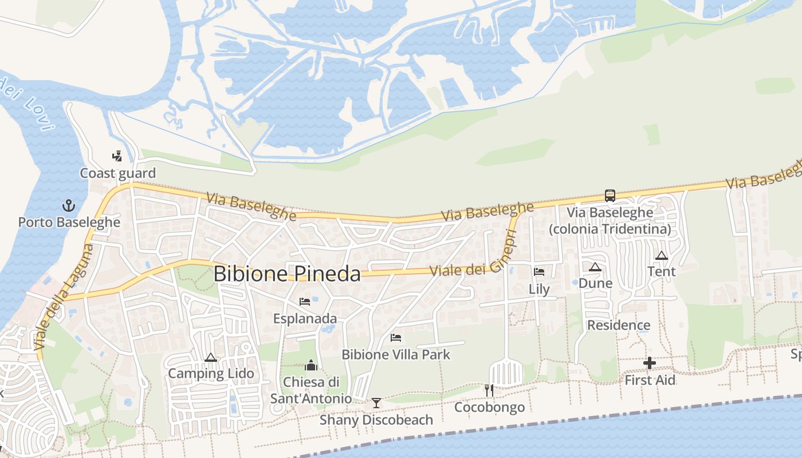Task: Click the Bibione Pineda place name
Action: [x=287, y=274]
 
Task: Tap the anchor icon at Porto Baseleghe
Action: [x=69, y=206]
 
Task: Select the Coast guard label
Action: [x=117, y=173]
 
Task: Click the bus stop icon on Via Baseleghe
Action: [x=610, y=196]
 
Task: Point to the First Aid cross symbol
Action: [x=650, y=362]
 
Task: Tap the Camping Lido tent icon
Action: [x=211, y=358]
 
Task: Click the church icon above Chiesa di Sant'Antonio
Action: [x=311, y=365]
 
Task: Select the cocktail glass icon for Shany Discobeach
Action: [x=376, y=403]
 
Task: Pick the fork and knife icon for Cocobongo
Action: [x=489, y=390]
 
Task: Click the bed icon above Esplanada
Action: [x=305, y=301]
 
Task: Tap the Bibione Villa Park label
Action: [x=396, y=354]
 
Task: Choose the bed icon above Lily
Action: [x=539, y=272]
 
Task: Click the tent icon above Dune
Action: [x=595, y=267]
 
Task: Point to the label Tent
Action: [x=662, y=271]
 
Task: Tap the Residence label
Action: [x=619, y=325]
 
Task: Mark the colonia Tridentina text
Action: [x=610, y=229]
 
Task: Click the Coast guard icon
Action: [x=117, y=156]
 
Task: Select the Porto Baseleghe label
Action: [x=69, y=222]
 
